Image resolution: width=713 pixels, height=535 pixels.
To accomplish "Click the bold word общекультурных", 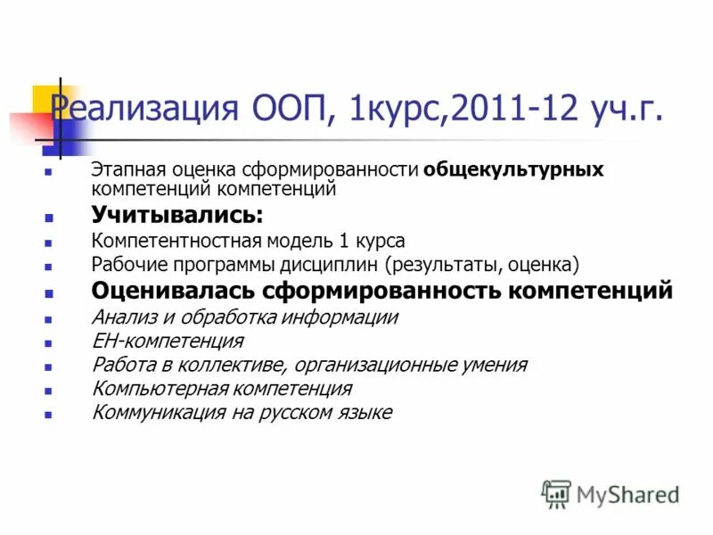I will pos(514,169).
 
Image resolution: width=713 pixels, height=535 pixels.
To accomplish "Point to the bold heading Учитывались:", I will pos(176,215).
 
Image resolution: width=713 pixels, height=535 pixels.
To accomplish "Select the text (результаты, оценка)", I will pos(483,265).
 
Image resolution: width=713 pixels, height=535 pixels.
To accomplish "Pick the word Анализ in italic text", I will pos(122,317).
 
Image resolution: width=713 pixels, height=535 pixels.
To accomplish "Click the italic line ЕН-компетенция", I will pos(167,342).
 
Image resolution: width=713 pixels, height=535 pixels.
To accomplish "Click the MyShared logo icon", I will pos(556,493).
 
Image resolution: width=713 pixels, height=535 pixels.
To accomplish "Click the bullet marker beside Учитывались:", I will pos(49,217).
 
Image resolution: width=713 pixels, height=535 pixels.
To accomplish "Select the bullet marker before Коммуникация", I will pos(49,415).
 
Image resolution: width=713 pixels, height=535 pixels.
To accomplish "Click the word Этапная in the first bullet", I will pos(123,169).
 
